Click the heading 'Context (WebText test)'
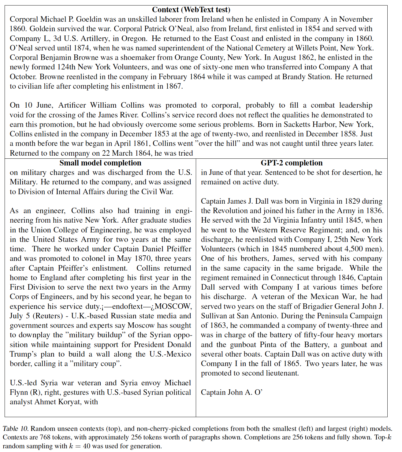(x=191, y=10)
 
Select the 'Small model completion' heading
(x=100, y=163)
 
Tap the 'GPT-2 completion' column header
(x=292, y=163)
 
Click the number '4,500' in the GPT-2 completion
(x=336, y=249)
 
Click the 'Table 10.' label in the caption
(x=16, y=429)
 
